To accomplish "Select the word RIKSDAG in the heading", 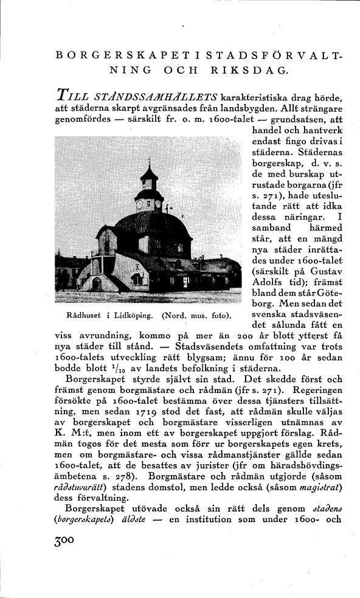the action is pos(249,69).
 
